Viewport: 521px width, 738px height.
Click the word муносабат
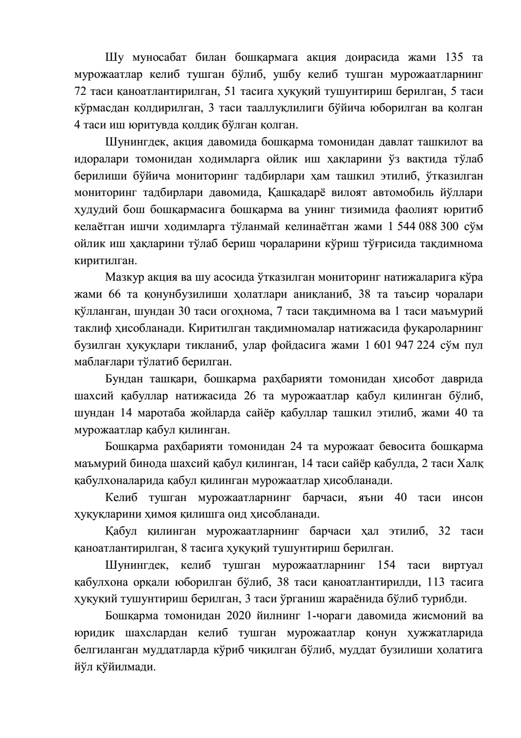pyautogui.click(x=156, y=57)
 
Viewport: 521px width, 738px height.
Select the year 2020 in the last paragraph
pyautogui.click(x=238, y=616)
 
